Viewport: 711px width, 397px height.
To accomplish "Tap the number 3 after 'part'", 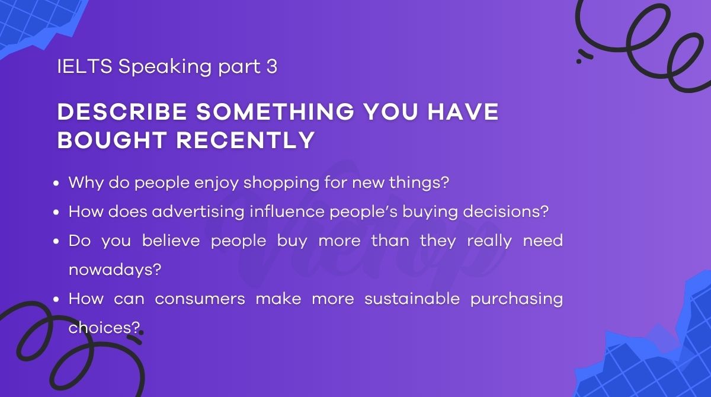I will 271,67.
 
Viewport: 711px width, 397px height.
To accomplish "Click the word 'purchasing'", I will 517,299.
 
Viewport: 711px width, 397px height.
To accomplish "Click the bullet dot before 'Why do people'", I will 57,183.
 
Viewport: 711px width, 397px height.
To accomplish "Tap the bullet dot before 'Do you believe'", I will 57,241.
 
